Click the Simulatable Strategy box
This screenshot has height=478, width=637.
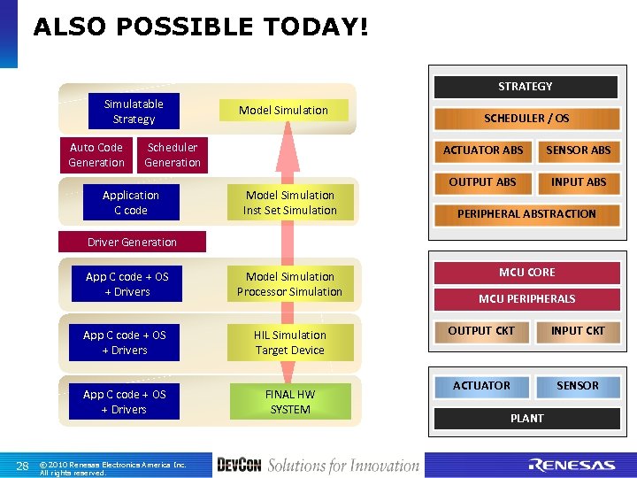tap(134, 112)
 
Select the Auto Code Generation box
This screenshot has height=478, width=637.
tap(96, 155)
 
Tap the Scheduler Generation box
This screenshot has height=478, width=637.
tap(173, 155)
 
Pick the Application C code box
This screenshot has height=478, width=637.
tap(130, 203)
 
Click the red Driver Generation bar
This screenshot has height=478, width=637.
tap(132, 242)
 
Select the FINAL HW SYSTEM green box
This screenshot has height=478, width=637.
tap(290, 402)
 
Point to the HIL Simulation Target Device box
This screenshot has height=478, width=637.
tap(290, 343)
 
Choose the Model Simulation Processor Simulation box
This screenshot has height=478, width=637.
tap(289, 284)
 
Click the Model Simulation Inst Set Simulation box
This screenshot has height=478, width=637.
tap(290, 203)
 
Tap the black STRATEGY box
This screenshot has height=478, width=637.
tap(525, 87)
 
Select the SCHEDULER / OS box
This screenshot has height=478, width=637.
tap(526, 118)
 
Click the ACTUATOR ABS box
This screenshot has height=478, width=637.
tap(483, 150)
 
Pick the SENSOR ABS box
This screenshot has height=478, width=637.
tap(578, 150)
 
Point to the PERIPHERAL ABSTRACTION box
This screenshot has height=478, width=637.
tap(526, 213)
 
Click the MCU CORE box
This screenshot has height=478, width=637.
tap(526, 273)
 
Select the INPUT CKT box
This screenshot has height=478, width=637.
tap(578, 331)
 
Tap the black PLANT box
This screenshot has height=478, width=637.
tap(526, 418)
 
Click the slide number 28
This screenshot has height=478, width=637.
tap(23, 466)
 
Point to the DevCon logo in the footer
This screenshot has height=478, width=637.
tap(239, 465)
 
